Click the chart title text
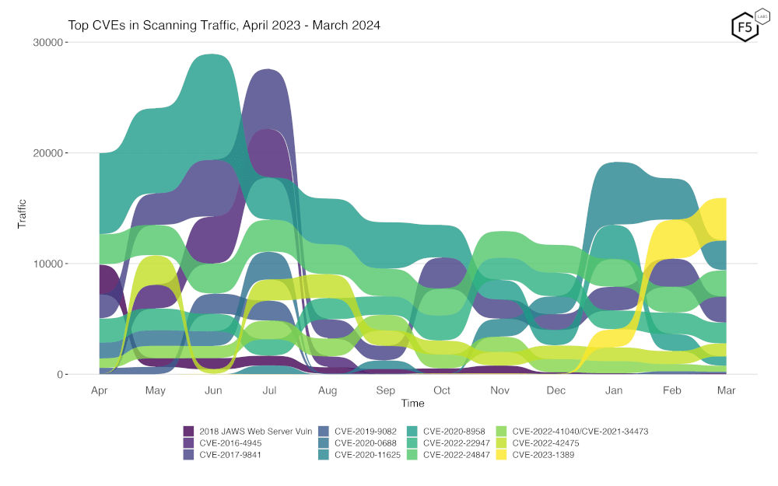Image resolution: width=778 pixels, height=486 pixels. pyautogui.click(x=224, y=26)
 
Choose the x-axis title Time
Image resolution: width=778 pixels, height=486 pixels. pyautogui.click(x=413, y=403)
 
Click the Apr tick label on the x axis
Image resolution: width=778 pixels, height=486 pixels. pyautogui.click(x=99, y=390)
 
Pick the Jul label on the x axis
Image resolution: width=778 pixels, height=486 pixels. pyautogui.click(x=270, y=390)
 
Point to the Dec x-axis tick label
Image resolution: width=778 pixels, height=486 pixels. pyautogui.click(x=556, y=390)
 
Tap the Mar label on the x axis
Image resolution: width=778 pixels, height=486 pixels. pyautogui.click(x=726, y=390)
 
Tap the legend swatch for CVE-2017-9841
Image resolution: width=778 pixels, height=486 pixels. pyautogui.click(x=188, y=455)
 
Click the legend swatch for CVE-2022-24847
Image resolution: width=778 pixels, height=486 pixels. pyautogui.click(x=412, y=455)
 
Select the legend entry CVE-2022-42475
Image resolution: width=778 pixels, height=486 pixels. pyautogui.click(x=544, y=442)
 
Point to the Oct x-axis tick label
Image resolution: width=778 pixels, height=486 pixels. pyautogui.click(x=442, y=390)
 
